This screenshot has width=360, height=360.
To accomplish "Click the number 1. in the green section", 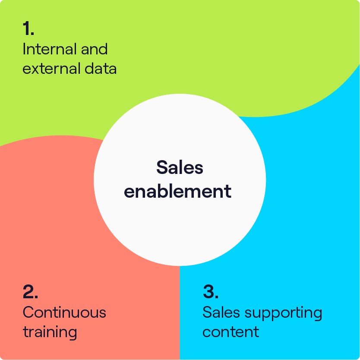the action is click(28, 28).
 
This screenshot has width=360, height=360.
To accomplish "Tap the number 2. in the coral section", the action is click(30, 292).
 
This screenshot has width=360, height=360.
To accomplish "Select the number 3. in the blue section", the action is click(210, 292).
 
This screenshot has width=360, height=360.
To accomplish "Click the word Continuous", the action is click(64, 312).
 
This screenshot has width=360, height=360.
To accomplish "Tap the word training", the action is click(50, 332).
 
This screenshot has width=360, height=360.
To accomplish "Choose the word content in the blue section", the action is click(231, 332).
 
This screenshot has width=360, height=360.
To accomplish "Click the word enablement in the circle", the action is click(178, 191).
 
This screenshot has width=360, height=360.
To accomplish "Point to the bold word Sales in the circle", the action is click(180, 167).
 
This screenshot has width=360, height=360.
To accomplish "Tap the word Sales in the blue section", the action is click(218, 312).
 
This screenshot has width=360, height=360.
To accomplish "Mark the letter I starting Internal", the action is click(24, 49).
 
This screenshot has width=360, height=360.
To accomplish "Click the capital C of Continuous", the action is click(28, 312).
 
